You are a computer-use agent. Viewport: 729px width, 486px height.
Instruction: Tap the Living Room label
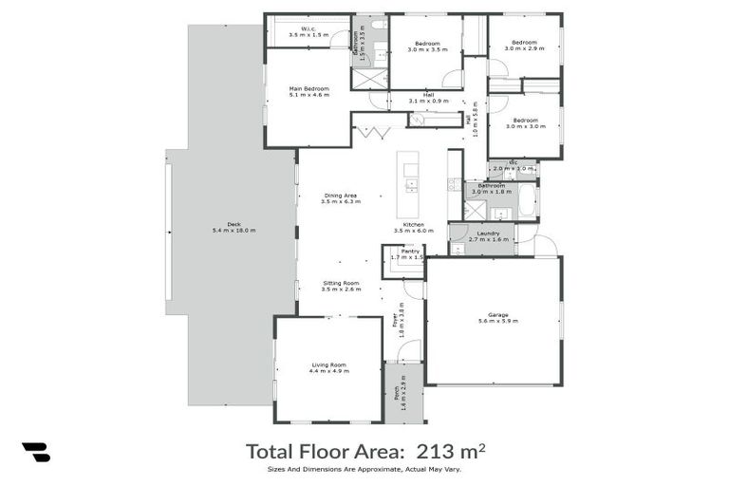328,366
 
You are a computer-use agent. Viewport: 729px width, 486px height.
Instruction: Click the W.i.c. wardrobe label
308,30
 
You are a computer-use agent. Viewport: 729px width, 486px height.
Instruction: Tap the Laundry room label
490,235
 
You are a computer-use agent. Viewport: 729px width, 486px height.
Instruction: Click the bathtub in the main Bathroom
527,201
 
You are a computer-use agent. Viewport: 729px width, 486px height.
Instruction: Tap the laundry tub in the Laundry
458,249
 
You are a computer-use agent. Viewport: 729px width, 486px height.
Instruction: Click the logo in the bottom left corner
35,453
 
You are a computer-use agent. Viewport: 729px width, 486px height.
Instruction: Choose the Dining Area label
340,197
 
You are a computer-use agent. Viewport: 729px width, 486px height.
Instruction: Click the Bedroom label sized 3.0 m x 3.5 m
426,46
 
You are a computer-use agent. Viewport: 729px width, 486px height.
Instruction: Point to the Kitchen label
413,226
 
